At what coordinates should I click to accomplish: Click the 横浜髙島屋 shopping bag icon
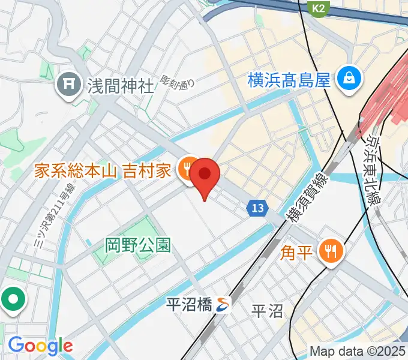(348, 77)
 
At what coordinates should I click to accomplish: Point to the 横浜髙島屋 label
(289, 79)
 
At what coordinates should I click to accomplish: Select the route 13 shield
(257, 208)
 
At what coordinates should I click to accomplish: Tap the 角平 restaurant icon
(330, 250)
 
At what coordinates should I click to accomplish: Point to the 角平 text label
(297, 251)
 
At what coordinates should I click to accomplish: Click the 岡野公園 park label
(137, 245)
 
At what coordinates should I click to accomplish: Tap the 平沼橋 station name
(189, 305)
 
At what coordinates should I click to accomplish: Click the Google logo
(40, 345)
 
